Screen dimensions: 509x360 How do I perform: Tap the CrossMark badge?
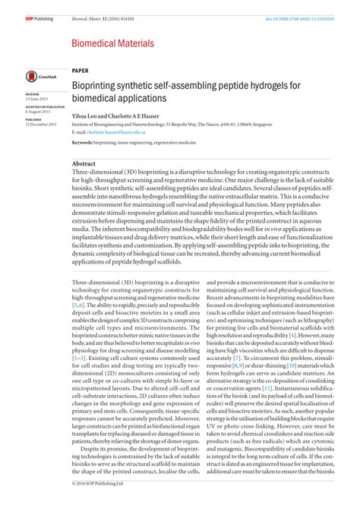[36, 76]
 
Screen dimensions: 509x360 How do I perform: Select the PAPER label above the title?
[80, 68]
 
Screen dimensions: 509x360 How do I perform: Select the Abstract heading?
[84, 163]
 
